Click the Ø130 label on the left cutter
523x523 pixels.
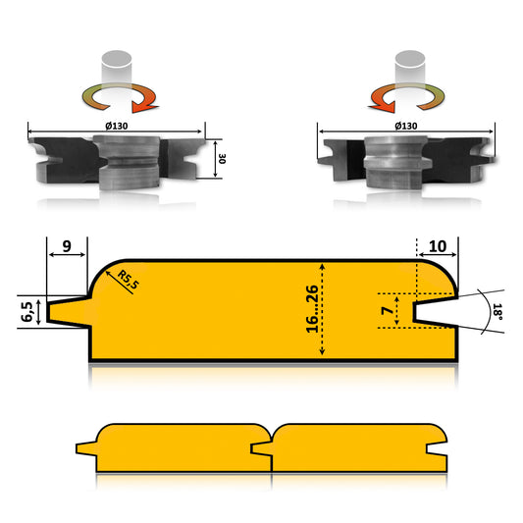click(x=117, y=126)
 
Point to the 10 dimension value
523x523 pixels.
click(x=437, y=246)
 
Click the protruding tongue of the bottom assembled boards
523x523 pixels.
click(x=86, y=448)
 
